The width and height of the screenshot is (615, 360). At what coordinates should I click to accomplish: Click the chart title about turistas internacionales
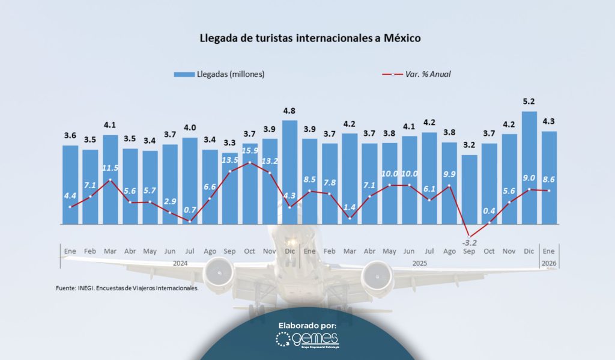point(311,38)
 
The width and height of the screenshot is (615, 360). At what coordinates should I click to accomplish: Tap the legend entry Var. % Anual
point(416,74)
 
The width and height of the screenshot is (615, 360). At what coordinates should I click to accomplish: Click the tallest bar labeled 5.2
point(529,168)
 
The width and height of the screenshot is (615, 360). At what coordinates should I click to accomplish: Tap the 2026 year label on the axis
point(548,263)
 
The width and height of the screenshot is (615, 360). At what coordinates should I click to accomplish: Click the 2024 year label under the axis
point(180,263)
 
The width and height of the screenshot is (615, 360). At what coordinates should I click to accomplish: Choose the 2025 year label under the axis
point(419,263)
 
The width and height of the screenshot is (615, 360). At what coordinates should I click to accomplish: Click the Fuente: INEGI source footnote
point(127,288)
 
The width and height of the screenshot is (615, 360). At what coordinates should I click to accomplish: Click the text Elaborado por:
point(307,325)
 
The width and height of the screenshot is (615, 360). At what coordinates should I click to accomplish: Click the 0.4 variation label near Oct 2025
point(489,211)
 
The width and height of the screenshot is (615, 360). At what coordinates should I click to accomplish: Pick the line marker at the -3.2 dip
point(470,237)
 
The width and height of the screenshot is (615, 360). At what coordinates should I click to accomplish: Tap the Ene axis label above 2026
point(548,250)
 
